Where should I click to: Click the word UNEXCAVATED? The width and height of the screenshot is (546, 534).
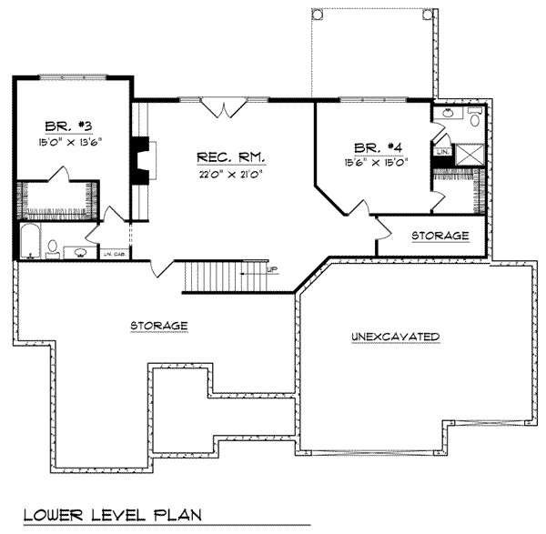(x=395, y=338)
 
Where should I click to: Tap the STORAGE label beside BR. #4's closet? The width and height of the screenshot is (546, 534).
(x=440, y=236)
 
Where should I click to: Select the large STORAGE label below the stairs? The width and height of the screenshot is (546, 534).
(x=158, y=325)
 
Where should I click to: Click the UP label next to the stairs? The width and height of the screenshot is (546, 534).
(x=272, y=270)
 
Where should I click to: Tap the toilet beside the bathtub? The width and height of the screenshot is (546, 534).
(x=54, y=247)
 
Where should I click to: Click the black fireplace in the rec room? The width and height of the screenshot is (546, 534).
(x=141, y=162)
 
